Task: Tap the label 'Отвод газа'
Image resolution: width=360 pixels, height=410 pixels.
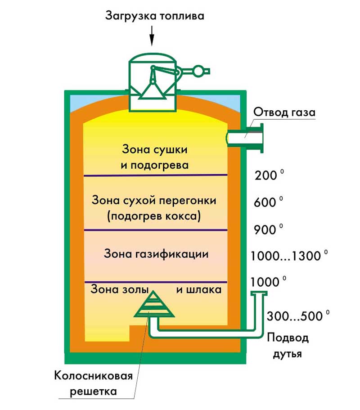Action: pyautogui.click(x=284, y=112)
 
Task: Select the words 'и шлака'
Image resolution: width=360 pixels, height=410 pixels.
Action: pyautogui.click(x=198, y=289)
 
